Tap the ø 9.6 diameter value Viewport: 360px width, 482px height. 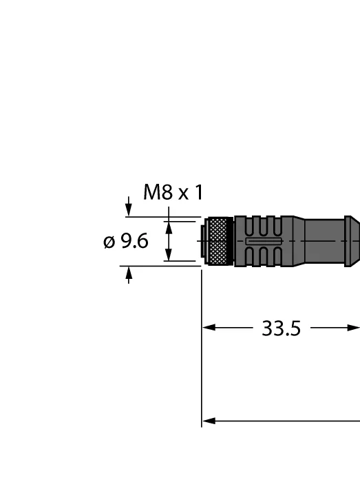pyautogui.click(x=126, y=241)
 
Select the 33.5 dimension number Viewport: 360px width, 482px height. pyautogui.click(x=281, y=328)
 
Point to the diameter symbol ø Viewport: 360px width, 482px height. pyautogui.click(x=109, y=242)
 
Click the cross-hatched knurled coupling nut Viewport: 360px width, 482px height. pyautogui.click(x=219, y=241)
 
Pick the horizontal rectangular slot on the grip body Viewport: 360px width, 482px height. pyautogui.click(x=264, y=241)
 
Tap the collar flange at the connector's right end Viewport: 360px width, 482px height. pyautogui.click(x=352, y=241)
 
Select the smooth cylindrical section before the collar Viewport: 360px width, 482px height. pyautogui.click(x=324, y=241)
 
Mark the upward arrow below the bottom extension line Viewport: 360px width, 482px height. pyautogui.click(x=129, y=275)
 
